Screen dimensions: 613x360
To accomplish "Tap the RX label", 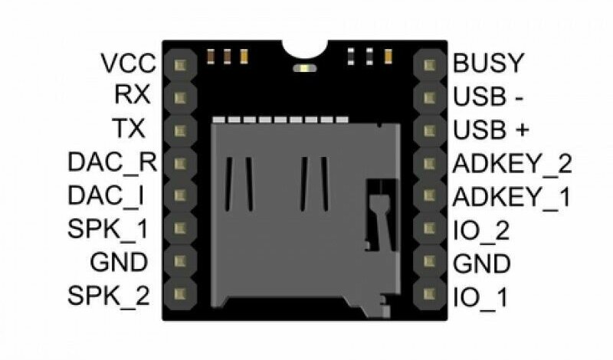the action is click(x=132, y=96).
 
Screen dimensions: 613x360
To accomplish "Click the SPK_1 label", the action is click(x=108, y=228).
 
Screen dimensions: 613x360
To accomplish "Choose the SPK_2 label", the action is click(x=108, y=294).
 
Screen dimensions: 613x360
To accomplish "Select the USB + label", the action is click(x=491, y=130).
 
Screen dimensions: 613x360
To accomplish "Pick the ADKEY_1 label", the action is click(x=513, y=197).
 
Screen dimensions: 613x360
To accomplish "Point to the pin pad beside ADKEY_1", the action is click(x=427, y=196).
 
